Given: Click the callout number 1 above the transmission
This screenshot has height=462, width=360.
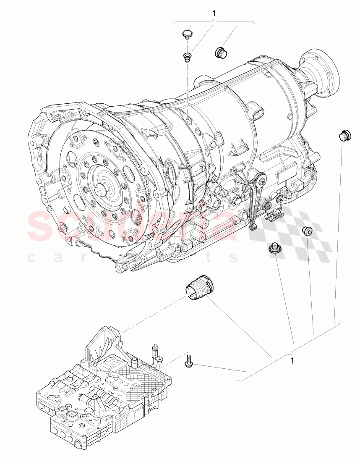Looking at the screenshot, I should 214,14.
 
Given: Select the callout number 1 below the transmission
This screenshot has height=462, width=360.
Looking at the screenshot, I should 292,360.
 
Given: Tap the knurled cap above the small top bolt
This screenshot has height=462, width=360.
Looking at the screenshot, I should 188,33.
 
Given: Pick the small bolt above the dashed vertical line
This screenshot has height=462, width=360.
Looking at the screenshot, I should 188,56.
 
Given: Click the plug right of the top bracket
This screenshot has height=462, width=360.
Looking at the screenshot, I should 221,52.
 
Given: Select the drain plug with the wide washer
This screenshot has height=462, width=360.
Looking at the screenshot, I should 275,249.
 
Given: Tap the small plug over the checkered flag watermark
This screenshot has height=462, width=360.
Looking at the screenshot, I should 307,231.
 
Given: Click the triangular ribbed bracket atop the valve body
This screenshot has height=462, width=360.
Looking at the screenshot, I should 103,340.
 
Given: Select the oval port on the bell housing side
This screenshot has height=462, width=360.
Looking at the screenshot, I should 171,170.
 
